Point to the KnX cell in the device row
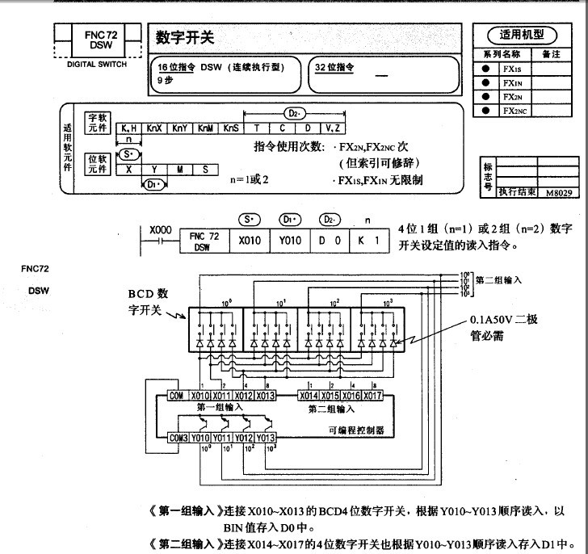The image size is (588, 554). [155, 128]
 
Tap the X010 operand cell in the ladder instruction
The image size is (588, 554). [246, 241]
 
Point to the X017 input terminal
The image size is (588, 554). [375, 396]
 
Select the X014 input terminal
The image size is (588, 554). [309, 396]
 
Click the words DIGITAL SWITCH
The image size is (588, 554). [96, 65]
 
